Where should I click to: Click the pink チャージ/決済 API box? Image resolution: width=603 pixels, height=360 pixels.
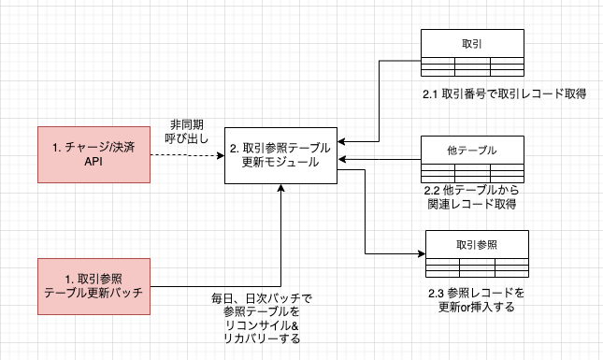tap(93, 154)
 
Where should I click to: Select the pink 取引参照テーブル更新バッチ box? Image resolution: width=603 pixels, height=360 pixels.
tap(93, 286)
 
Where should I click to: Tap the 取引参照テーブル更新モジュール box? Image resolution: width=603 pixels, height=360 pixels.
tap(280, 155)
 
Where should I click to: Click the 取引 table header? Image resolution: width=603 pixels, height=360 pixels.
tap(472, 43)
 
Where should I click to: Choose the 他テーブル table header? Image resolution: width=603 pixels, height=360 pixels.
tap(472, 150)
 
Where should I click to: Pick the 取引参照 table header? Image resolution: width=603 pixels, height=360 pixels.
tap(477, 245)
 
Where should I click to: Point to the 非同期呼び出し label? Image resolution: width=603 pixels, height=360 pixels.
tap(187, 132)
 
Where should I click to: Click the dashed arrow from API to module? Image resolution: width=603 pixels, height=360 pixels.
tap(187, 155)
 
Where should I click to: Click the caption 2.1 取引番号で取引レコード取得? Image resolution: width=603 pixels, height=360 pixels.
tap(504, 94)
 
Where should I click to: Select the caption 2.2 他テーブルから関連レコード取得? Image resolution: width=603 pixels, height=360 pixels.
tap(472, 197)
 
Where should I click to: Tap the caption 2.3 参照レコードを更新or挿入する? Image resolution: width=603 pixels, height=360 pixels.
tap(477, 300)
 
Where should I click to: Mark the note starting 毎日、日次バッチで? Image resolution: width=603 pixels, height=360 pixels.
tap(262, 319)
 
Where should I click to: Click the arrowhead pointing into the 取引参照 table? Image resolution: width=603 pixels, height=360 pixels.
tap(422, 253)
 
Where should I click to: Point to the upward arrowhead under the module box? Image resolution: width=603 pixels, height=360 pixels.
tap(280, 188)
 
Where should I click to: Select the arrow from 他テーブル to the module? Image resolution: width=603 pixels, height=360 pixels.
tap(380, 159)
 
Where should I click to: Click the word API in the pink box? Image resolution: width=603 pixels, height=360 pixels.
tap(93, 162)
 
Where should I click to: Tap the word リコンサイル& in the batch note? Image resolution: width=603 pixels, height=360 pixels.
tap(262, 325)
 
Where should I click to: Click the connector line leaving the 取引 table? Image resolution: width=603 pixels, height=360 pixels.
tap(380, 101)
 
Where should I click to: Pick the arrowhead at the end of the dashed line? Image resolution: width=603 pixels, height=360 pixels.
tap(221, 155)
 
